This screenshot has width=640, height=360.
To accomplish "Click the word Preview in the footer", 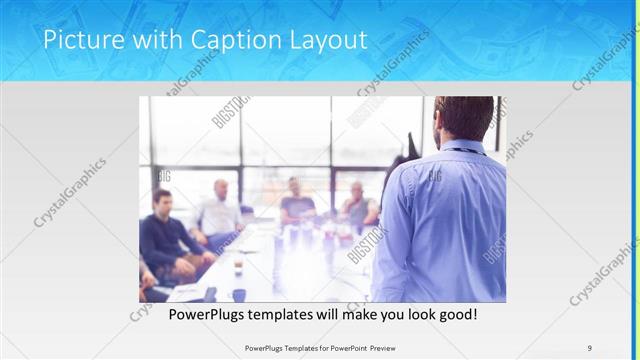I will pyautogui.click(x=377, y=348).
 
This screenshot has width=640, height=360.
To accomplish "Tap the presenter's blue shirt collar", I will pyautogui.click(x=460, y=148).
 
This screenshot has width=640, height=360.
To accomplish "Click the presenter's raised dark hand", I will pyautogui.click(x=410, y=143).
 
